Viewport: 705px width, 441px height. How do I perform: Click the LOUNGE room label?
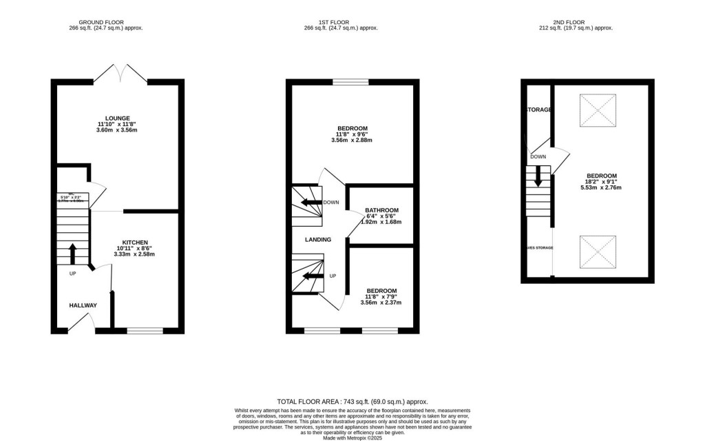tap(118, 118)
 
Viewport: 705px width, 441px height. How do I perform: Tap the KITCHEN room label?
tap(134, 243)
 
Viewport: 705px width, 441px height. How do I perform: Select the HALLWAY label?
tap(83, 305)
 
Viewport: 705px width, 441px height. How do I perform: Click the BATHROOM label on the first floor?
tap(381, 209)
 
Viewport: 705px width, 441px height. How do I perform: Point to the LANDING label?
tap(319, 240)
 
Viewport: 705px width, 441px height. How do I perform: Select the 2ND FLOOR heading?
tap(576, 21)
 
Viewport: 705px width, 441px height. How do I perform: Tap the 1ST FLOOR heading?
tap(340, 21)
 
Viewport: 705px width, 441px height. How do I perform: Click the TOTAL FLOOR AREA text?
tap(352, 401)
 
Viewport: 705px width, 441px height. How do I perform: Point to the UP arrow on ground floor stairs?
tap(73, 253)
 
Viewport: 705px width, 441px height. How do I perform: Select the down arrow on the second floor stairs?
tap(538, 177)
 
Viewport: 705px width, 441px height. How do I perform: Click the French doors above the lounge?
tap(120, 72)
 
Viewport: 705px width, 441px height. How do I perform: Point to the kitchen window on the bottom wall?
tap(145, 331)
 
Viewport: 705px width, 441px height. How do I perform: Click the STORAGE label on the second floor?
tap(538, 110)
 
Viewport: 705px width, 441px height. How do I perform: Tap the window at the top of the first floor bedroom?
tap(351, 82)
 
